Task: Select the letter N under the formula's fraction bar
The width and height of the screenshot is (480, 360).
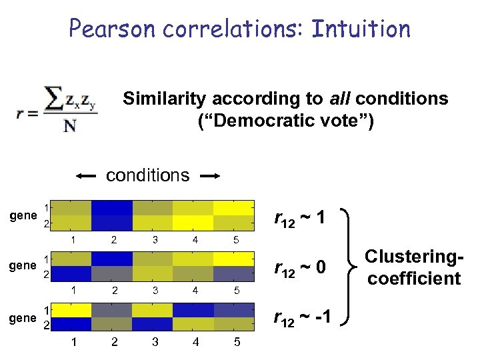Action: click(x=69, y=125)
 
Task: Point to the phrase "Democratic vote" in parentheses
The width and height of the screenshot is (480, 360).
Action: click(x=286, y=121)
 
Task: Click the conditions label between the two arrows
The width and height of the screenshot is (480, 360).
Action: click(x=147, y=175)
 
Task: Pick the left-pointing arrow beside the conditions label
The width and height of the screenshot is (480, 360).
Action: click(x=87, y=176)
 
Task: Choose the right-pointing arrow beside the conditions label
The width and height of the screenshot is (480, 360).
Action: click(x=209, y=176)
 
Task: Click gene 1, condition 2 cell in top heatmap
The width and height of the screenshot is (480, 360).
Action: click(x=112, y=207)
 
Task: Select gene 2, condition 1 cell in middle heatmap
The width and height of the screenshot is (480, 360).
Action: click(x=71, y=273)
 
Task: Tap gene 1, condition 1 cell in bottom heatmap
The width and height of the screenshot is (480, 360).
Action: click(x=71, y=310)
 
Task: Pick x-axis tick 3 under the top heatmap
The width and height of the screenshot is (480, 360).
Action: click(x=154, y=239)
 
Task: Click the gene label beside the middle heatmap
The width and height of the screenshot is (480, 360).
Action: click(x=23, y=265)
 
